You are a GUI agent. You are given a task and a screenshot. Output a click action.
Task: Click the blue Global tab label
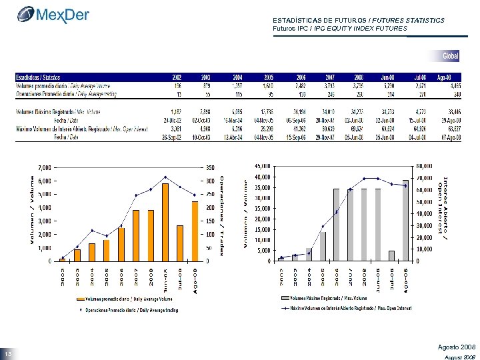(451, 55)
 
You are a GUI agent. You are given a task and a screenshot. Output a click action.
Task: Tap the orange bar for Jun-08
(165, 222)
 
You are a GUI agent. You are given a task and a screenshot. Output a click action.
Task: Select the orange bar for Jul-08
(180, 243)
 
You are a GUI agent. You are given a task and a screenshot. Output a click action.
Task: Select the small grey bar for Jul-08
(391, 255)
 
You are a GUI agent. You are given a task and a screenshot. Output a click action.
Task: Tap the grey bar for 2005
(323, 246)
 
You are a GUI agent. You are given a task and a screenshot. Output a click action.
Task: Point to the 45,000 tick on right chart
(262, 165)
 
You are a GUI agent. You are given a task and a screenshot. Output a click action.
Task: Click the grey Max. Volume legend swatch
(286, 298)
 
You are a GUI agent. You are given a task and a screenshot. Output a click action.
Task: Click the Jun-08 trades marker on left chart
(165, 177)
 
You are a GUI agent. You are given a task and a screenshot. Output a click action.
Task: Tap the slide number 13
(8, 353)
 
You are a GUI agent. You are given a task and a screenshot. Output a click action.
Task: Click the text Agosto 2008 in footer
(456, 348)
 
